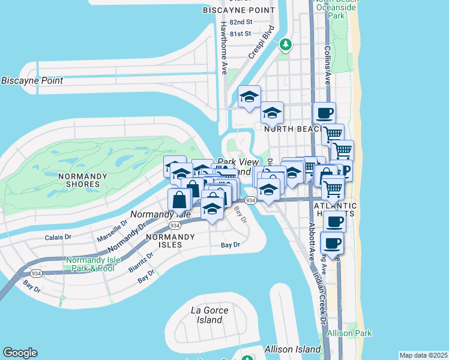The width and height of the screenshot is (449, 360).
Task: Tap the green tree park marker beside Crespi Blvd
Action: [286, 44]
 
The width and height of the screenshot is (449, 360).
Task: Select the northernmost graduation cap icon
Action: [250, 96]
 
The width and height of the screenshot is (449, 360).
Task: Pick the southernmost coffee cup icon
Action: [333, 243]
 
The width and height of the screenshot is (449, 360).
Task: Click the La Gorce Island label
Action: [206, 315]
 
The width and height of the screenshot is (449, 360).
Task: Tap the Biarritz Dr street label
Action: [140, 262]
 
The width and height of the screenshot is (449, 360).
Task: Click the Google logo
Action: [20, 353]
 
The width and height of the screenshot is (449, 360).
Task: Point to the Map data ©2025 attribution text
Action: [423, 355]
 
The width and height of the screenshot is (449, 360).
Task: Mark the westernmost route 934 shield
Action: [37, 273]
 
